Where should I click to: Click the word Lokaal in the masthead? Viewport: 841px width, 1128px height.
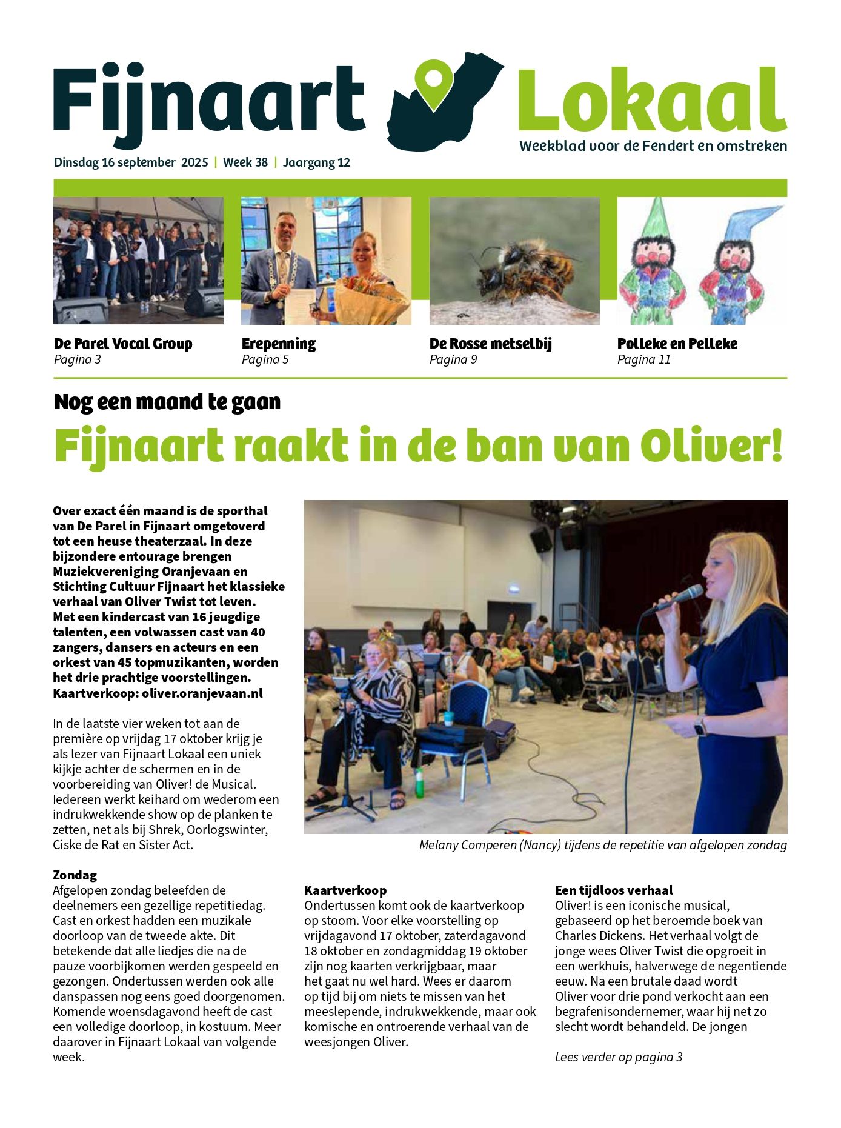coord(652,100)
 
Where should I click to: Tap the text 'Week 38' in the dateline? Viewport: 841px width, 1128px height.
coord(245,162)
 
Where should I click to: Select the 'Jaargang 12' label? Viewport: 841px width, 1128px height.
coord(316,162)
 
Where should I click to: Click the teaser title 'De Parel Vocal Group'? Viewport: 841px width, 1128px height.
coord(123,344)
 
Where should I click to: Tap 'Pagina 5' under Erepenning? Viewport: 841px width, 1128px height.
coord(265,359)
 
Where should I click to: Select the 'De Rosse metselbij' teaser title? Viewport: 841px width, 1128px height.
coord(491,344)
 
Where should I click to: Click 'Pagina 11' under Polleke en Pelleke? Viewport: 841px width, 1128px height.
coord(643,359)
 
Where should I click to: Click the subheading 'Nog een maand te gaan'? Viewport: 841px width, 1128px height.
coord(167,402)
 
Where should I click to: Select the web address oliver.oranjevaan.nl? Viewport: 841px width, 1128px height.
coord(202,693)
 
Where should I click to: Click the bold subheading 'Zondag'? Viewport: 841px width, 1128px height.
coord(75,875)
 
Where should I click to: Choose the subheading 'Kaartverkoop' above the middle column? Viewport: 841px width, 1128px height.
coord(345,890)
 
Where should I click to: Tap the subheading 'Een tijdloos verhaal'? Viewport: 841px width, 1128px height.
coord(614,890)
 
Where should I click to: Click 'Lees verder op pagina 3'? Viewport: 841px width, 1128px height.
coord(619,1056)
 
